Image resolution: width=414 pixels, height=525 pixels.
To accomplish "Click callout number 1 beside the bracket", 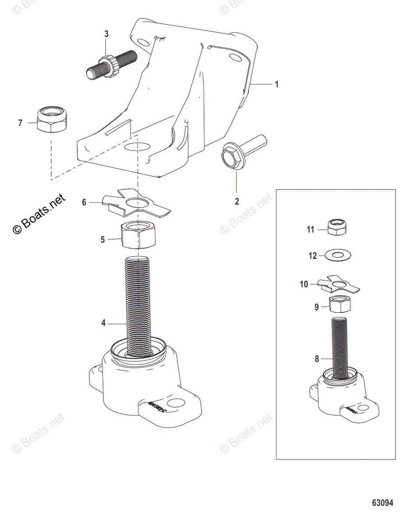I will pos(276,84).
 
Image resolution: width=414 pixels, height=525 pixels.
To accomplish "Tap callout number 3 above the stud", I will pos(106,34).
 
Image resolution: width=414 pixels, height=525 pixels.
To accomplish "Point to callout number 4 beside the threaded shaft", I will pos(103,324).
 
